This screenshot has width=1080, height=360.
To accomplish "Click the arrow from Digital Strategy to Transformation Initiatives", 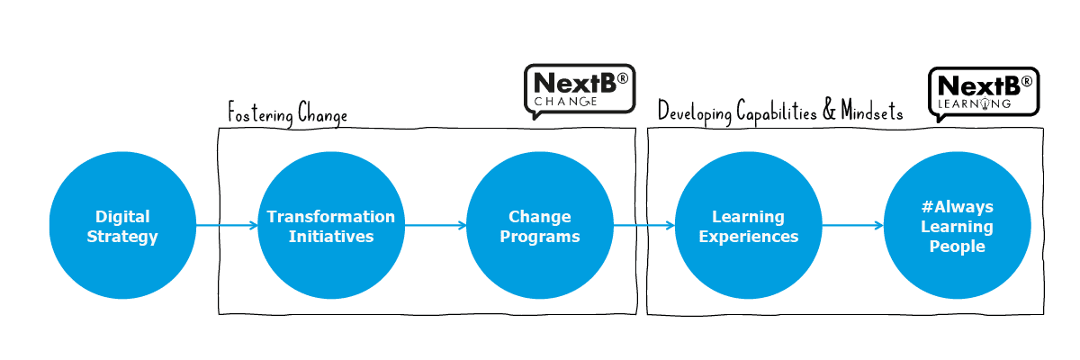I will pyautogui.click(x=226, y=225).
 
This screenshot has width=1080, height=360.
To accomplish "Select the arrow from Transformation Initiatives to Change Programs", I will pyautogui.click(x=435, y=225).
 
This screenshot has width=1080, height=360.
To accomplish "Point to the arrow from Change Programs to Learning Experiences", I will pyautogui.click(x=643, y=225).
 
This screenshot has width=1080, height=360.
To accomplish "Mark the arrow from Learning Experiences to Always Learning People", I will pyautogui.click(x=852, y=225).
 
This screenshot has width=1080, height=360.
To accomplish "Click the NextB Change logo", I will pyautogui.click(x=580, y=90).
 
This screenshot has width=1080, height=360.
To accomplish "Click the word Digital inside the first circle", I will pyautogui.click(x=122, y=217).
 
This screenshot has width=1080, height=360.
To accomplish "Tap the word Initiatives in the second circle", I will pyautogui.click(x=330, y=237).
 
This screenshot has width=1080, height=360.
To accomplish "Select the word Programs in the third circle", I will pyautogui.click(x=539, y=237).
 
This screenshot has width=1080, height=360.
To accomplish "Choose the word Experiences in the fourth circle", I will pyautogui.click(x=748, y=237).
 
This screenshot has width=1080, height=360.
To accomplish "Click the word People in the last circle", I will pyautogui.click(x=957, y=247).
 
